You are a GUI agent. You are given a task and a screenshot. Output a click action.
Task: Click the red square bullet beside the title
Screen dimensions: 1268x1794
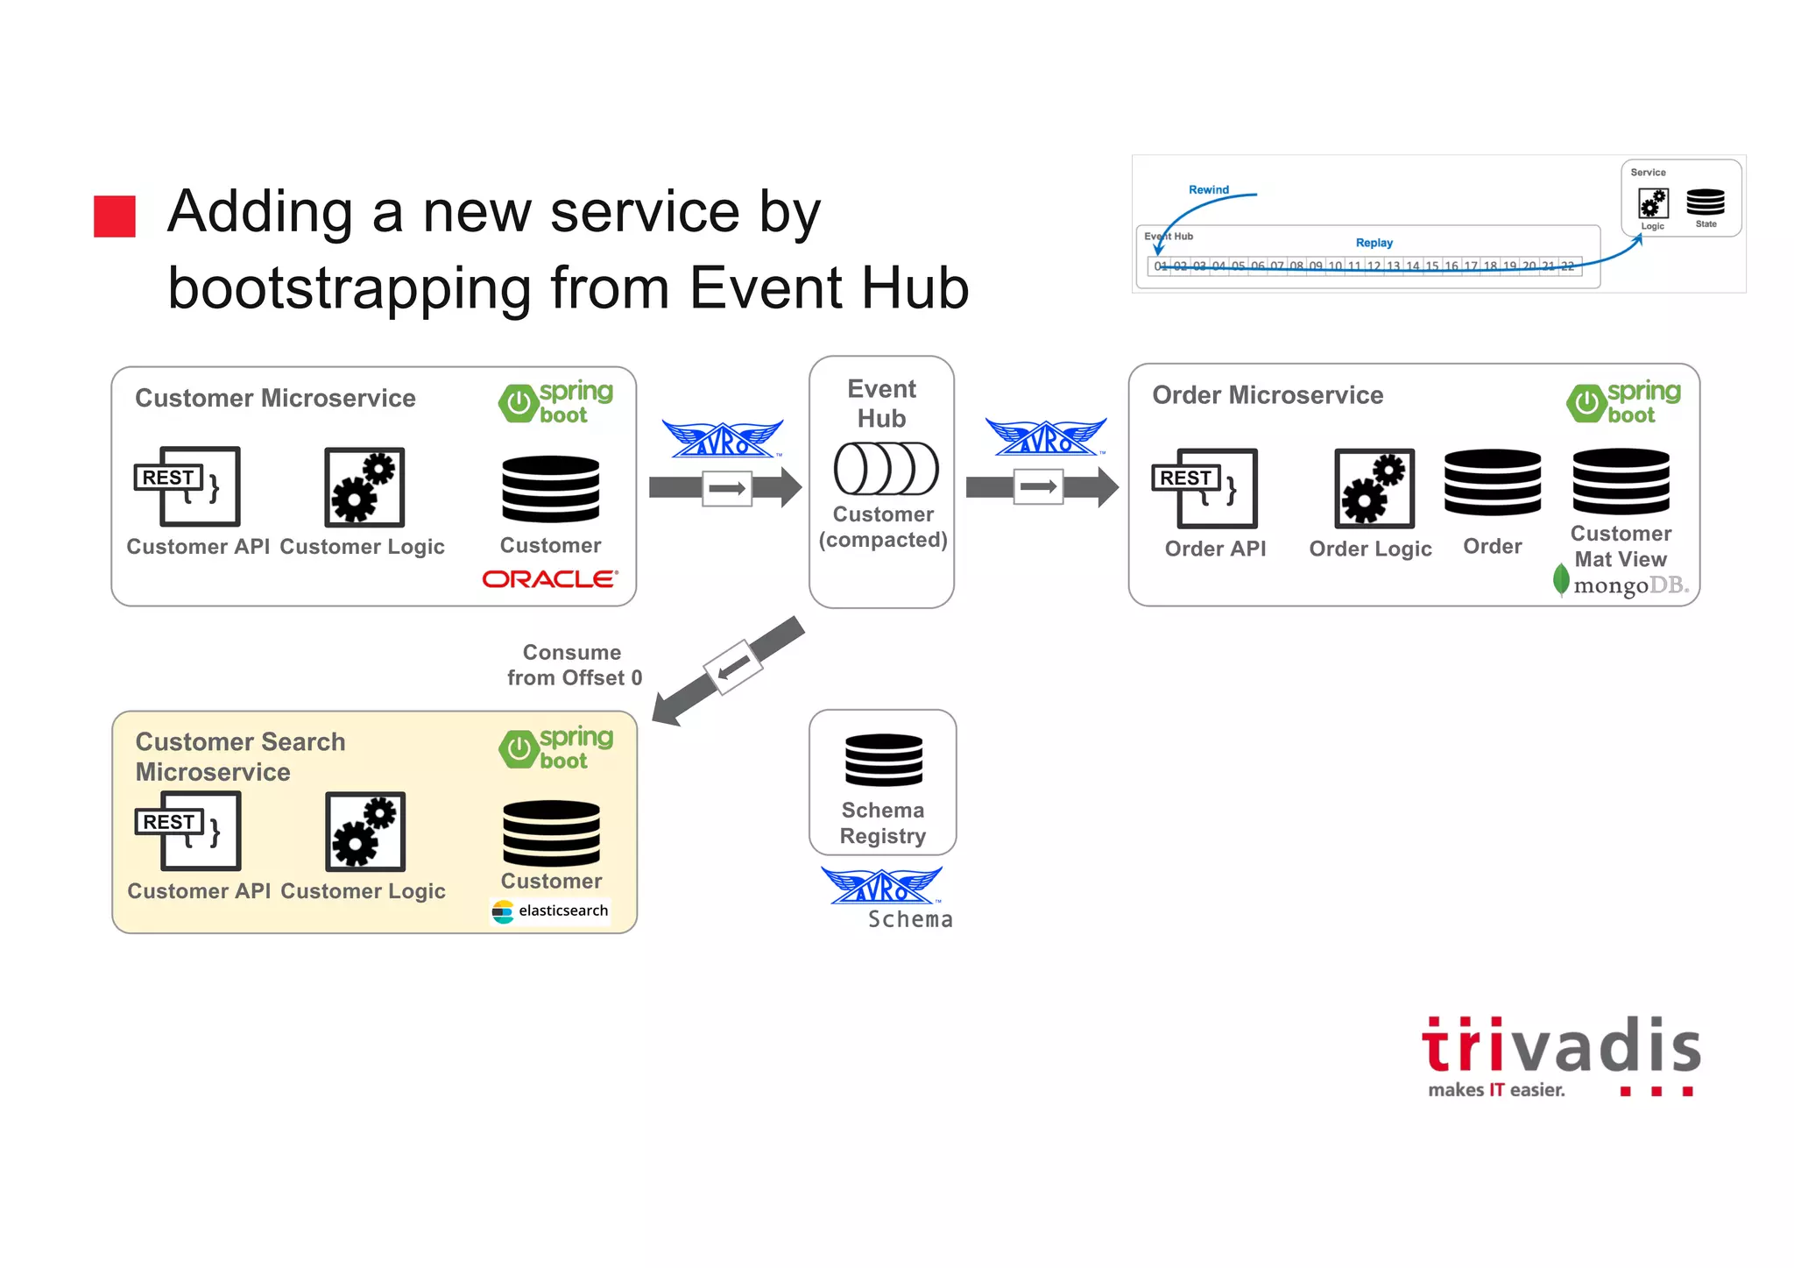click(115, 216)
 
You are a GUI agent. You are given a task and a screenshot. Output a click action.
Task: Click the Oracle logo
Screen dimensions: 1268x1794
click(550, 579)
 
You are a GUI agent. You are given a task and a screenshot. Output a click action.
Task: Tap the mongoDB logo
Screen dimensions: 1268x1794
click(1621, 584)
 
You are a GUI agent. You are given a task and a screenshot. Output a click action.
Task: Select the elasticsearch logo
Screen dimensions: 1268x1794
click(551, 911)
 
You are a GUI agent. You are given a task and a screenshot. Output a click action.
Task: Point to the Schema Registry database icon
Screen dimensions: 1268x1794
click(883, 760)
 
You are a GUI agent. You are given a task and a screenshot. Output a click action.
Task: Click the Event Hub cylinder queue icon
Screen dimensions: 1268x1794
click(886, 469)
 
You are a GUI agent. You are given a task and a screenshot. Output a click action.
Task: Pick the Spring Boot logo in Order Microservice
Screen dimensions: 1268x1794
click(1623, 403)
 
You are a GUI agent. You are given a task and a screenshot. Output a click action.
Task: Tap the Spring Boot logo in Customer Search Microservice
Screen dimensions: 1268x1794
click(555, 748)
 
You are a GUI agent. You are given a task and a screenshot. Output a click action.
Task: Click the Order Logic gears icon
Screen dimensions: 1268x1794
click(1374, 488)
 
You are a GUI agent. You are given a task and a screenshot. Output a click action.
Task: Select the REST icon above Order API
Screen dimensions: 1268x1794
click(1204, 488)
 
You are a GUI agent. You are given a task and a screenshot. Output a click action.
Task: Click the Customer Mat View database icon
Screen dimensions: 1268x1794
click(1621, 481)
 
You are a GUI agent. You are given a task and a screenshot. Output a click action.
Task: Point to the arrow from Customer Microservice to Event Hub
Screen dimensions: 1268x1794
click(725, 488)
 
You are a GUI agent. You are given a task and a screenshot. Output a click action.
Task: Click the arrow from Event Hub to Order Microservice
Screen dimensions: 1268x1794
click(1042, 487)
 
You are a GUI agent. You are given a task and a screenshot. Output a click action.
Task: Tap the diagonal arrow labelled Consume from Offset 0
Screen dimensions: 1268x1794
click(729, 670)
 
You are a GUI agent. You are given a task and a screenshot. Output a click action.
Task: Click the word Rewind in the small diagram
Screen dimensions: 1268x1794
click(1208, 189)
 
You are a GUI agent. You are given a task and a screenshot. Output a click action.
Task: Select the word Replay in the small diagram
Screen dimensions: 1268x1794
click(1374, 243)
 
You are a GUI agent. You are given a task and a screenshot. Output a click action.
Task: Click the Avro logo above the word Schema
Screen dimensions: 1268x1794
click(881, 886)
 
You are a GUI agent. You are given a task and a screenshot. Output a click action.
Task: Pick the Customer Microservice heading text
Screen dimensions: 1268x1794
click(275, 399)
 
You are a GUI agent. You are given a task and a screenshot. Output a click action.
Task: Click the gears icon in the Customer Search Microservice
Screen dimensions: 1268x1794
click(364, 832)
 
